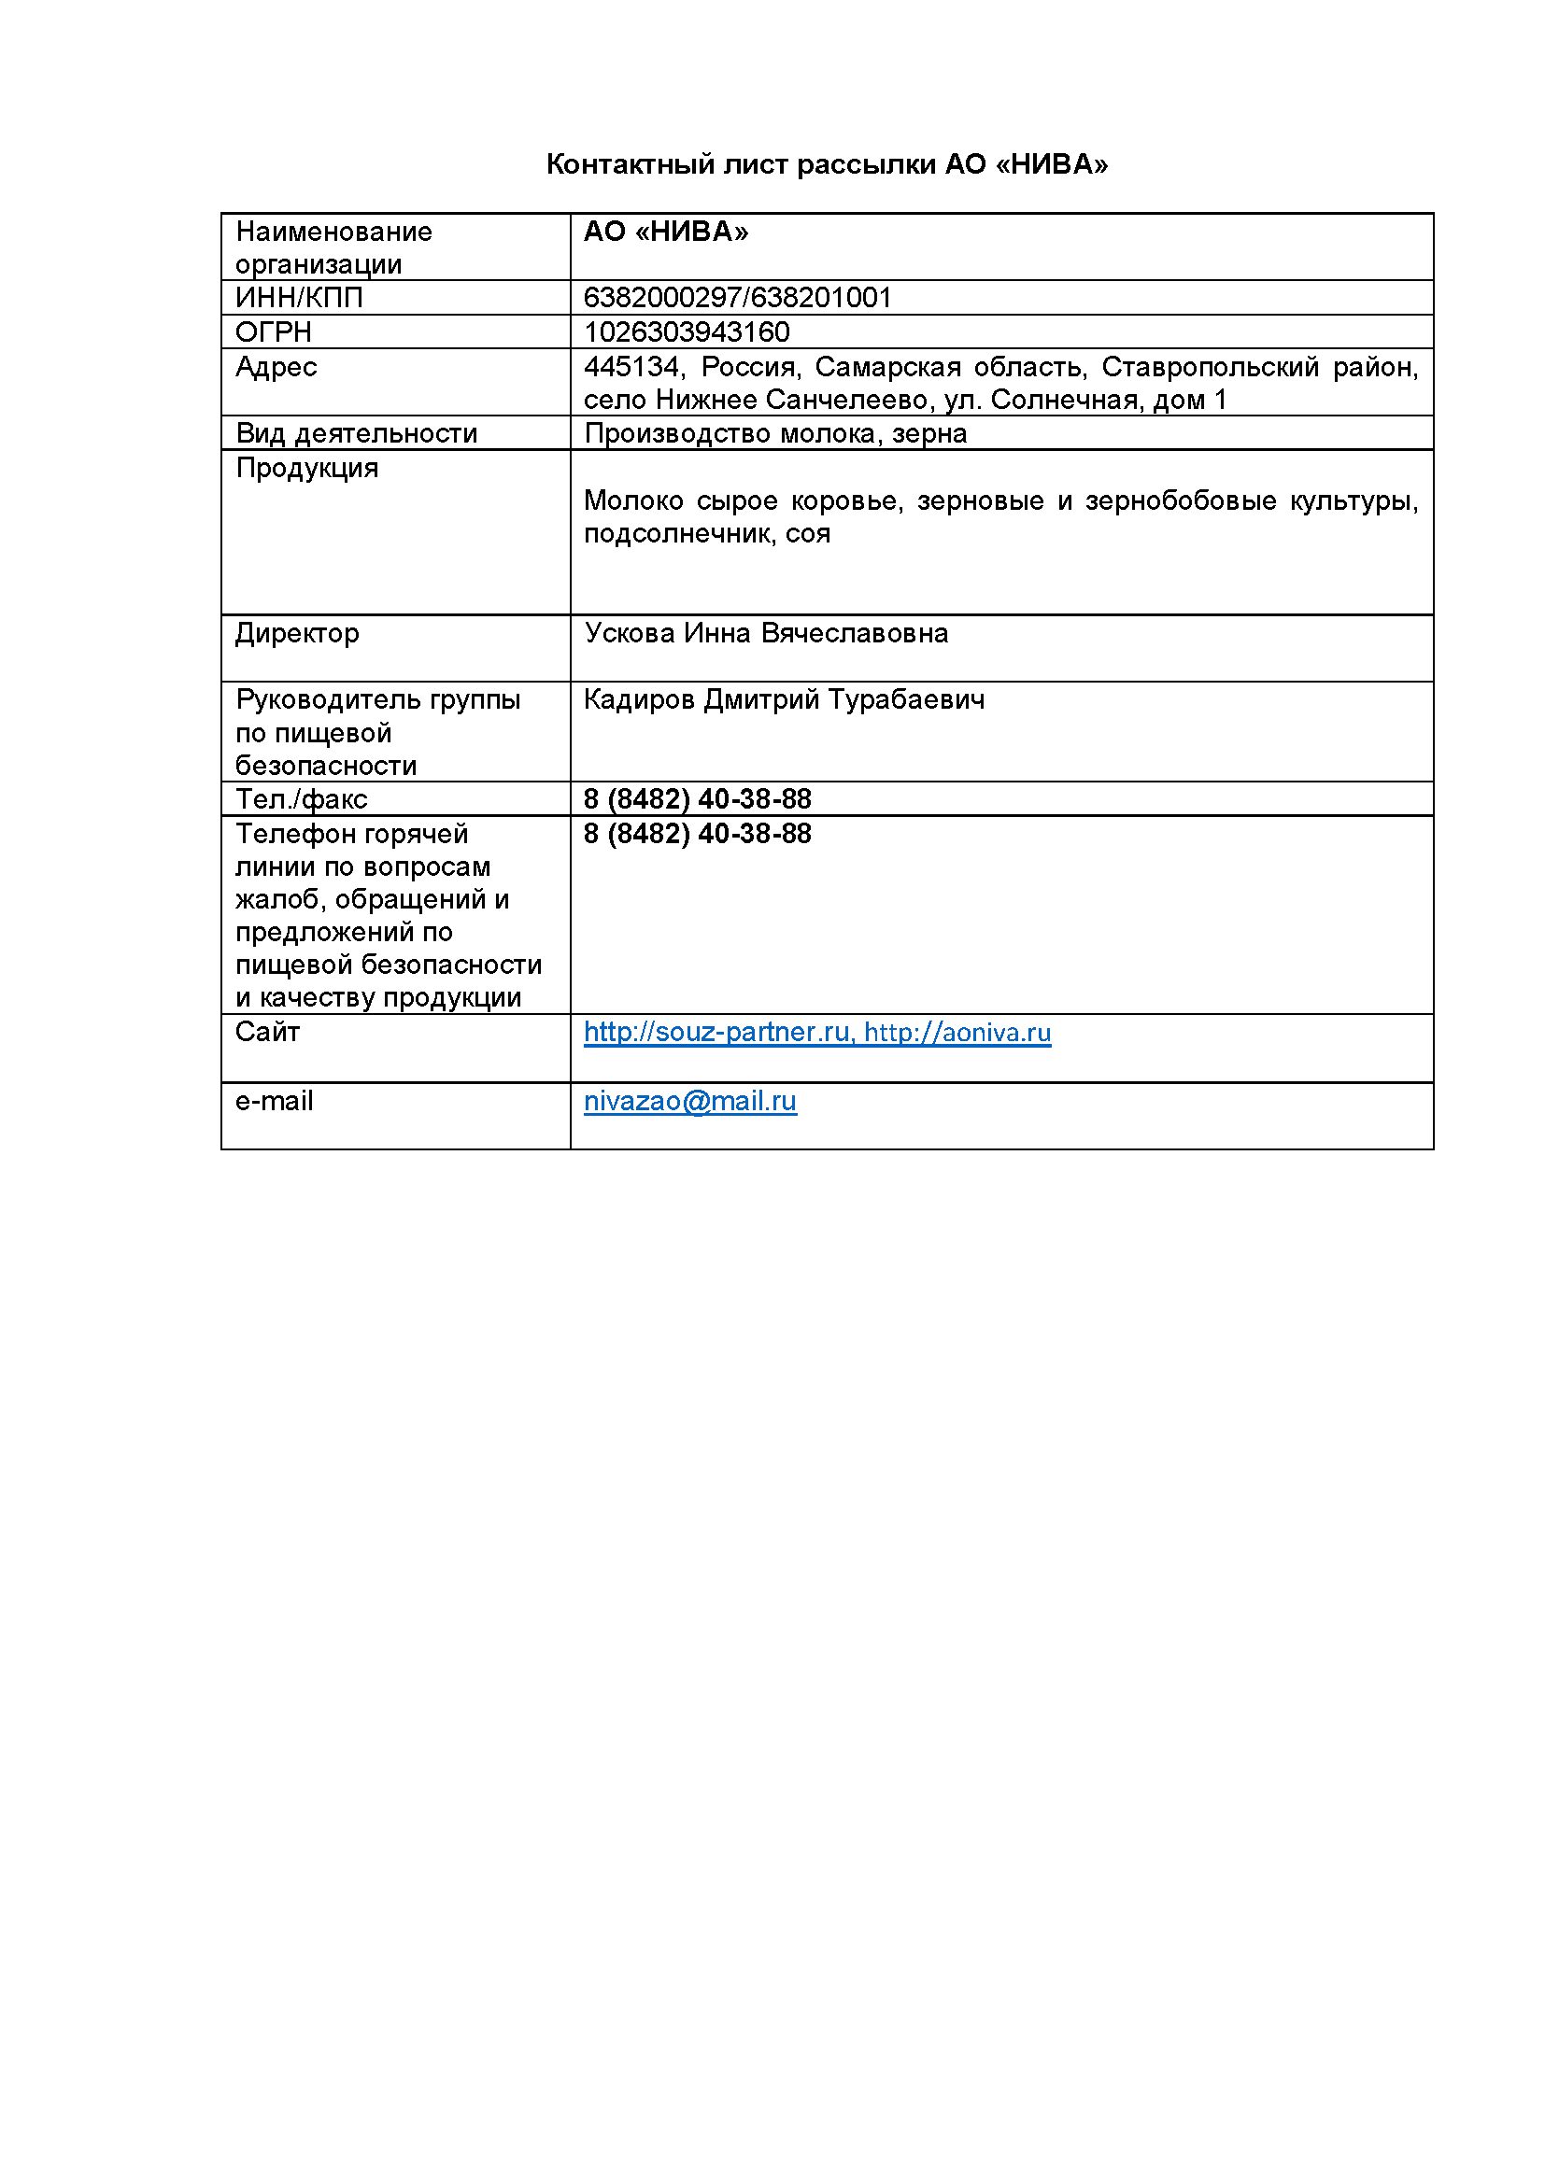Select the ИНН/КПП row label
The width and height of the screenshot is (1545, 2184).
[x=299, y=298]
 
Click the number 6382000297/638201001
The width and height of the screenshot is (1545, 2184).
[x=737, y=298]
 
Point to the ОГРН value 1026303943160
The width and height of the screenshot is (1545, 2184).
[x=686, y=332]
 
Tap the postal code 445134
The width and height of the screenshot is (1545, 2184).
[x=632, y=367]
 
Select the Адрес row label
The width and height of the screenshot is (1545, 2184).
[x=276, y=367]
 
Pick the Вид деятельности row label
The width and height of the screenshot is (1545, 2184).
[x=356, y=434]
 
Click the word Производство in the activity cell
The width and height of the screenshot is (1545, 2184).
[x=676, y=434]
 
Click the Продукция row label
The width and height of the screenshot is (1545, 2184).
[x=306, y=468]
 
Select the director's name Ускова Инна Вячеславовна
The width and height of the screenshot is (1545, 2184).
[x=765, y=633]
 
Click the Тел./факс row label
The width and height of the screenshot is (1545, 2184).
[x=301, y=799]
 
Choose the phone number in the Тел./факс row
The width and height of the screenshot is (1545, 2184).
[x=697, y=799]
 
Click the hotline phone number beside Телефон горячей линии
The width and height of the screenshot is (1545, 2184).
[x=697, y=834]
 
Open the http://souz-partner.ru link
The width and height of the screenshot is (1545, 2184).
[x=716, y=1032]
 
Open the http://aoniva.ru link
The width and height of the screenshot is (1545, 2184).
[x=957, y=1033]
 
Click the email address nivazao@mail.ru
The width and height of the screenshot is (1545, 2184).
[x=689, y=1102]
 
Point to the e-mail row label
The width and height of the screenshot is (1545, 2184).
[x=274, y=1102]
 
